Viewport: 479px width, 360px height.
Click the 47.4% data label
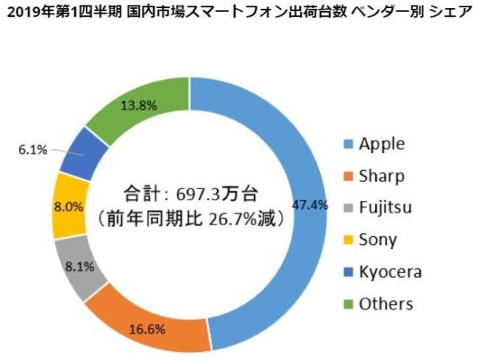(311, 204)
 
